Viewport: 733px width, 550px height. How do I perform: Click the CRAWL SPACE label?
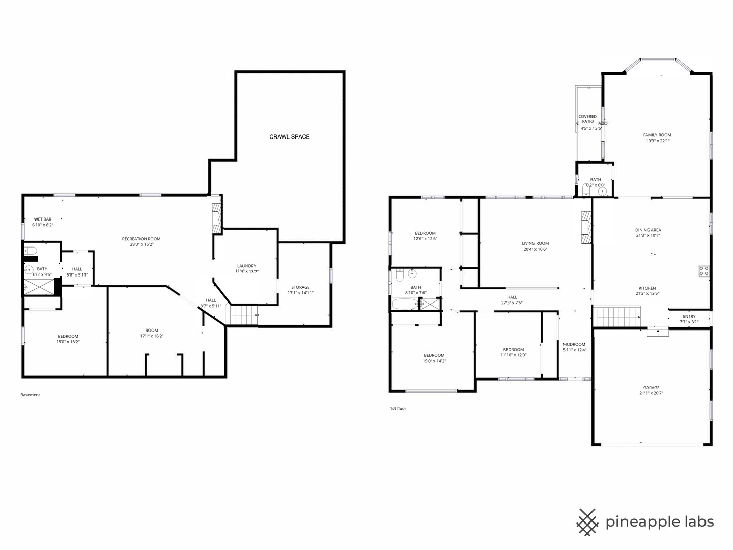coord(289,136)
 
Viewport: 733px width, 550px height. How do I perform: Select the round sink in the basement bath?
coord(30,269)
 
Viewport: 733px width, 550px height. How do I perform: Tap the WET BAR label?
coord(43,219)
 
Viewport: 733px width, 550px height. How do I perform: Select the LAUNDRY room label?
coord(246,266)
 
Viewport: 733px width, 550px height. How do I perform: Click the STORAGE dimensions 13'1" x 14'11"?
coord(300,293)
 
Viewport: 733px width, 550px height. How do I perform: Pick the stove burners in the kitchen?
coord(704,271)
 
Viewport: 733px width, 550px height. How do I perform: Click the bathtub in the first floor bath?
coord(404,304)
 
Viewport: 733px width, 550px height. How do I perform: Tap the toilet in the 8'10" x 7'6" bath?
coord(400,276)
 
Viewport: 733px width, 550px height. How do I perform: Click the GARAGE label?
coord(651,387)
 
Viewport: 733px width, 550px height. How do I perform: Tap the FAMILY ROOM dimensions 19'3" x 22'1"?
coord(657,141)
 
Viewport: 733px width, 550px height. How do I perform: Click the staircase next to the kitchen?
coord(617,316)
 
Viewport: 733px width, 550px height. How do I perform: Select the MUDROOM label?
coord(574,344)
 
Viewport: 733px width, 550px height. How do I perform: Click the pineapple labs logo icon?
coord(587,522)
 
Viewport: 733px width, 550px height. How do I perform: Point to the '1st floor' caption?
coord(398,408)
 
